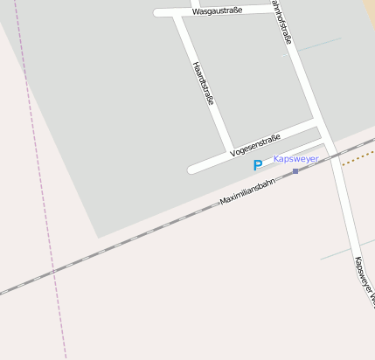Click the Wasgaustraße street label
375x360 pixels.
point(217,10)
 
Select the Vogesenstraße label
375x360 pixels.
point(254,145)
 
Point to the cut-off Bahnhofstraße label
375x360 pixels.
point(282,23)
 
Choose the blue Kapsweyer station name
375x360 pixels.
point(295,159)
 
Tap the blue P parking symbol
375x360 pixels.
point(257,165)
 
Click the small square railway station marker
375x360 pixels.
point(295,171)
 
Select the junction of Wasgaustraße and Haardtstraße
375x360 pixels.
point(177,13)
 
